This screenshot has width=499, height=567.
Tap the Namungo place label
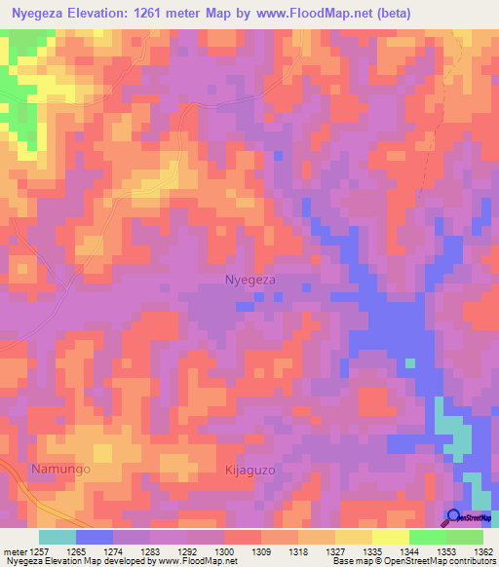click(x=60, y=469)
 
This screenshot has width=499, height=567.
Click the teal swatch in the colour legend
click(x=57, y=537)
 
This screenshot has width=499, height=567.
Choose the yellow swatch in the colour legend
click(x=390, y=537)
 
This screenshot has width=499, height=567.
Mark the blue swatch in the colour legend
click(x=94, y=537)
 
